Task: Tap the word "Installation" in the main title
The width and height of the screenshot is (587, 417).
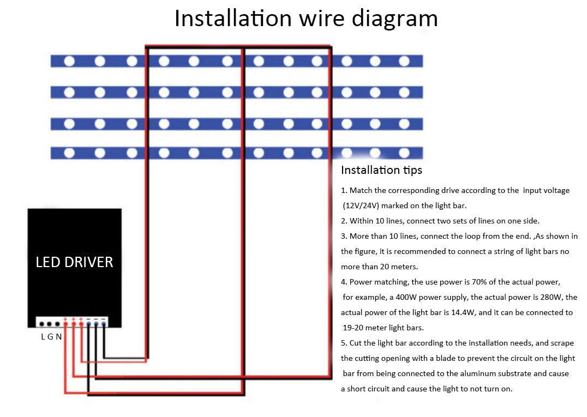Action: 233,18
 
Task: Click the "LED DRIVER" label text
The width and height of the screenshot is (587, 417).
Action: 74,262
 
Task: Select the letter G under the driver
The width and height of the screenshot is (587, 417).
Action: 51,336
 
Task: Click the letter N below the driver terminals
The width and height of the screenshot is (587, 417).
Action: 58,336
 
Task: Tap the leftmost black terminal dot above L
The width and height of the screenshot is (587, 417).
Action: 41,324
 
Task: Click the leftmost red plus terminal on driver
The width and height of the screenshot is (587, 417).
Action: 65,324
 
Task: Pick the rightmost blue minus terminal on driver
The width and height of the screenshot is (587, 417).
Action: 104,324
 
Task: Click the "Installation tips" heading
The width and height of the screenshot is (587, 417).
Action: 381,170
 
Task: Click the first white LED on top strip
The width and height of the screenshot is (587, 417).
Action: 69,61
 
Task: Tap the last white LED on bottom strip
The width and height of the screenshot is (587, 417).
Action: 404,153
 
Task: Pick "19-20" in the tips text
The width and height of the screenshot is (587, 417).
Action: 354,328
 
